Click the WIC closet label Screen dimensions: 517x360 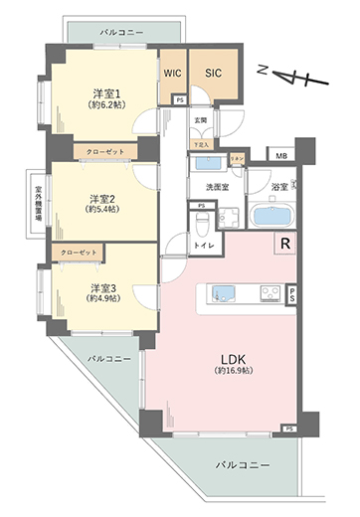pyautogui.click(x=171, y=73)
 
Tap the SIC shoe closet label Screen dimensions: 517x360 pyautogui.click(x=213, y=72)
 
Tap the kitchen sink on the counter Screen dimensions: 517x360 pyautogui.click(x=223, y=292)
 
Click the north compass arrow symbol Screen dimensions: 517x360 pyautogui.click(x=285, y=75)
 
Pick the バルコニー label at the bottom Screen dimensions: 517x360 pyautogui.click(x=243, y=464)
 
